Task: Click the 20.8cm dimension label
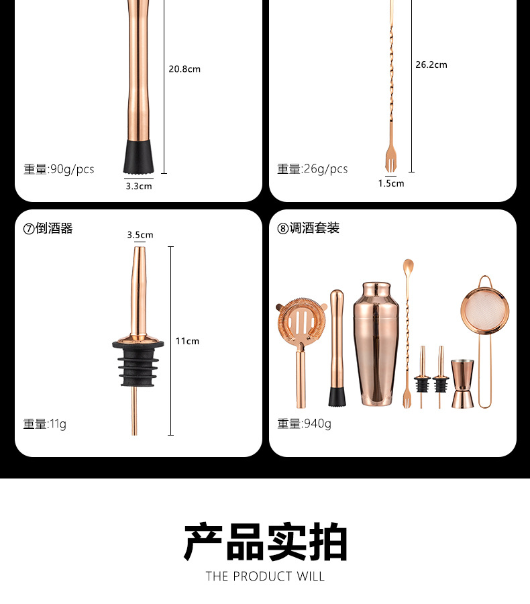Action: click(184, 68)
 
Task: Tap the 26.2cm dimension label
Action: click(431, 64)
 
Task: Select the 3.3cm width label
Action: click(139, 186)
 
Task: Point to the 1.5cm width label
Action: click(390, 183)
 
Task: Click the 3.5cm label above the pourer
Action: click(140, 235)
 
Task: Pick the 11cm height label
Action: click(187, 341)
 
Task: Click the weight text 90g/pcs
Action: click(59, 169)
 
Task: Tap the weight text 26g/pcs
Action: click(313, 169)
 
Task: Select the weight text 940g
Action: click(304, 423)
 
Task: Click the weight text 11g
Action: click(45, 423)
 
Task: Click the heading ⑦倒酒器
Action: click(48, 228)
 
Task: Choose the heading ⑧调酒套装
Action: click(309, 228)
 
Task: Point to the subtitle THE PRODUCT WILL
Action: click(265, 576)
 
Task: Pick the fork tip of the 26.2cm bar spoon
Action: click(390, 161)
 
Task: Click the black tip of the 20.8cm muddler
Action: click(140, 156)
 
